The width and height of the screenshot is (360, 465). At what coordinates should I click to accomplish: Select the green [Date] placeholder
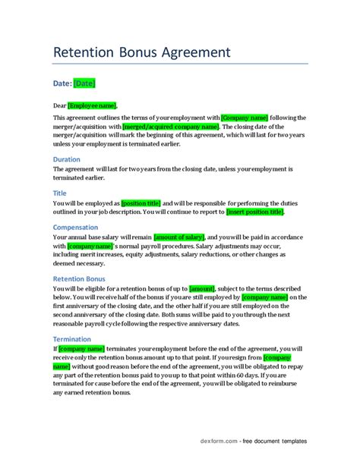[84, 83]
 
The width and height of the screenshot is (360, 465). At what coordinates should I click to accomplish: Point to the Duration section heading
[71, 159]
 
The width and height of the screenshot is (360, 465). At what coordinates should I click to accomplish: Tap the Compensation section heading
[81, 226]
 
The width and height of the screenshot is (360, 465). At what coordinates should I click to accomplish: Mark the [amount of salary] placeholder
[178, 237]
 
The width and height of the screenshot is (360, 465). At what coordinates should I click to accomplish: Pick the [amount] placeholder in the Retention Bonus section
[201, 289]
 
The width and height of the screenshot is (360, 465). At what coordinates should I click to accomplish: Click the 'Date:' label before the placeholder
[62, 83]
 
